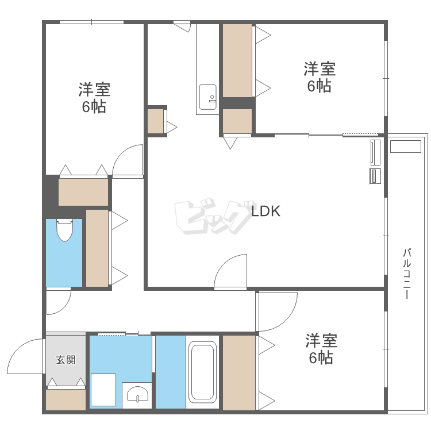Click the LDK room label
tap(266, 211)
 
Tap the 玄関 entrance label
tap(66, 360)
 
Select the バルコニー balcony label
tap(406, 274)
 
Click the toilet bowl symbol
tap(64, 230)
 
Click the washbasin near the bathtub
tap(137, 394)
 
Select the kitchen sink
tap(208, 97)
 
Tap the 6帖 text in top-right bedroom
tap(319, 86)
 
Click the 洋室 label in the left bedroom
tap(94, 89)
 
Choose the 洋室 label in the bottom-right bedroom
tap(321, 341)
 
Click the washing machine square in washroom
tap(103, 390)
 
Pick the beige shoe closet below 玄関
tap(66, 399)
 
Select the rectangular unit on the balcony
tap(406, 146)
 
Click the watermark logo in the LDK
tap(214, 216)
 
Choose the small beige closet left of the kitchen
tap(156, 121)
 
